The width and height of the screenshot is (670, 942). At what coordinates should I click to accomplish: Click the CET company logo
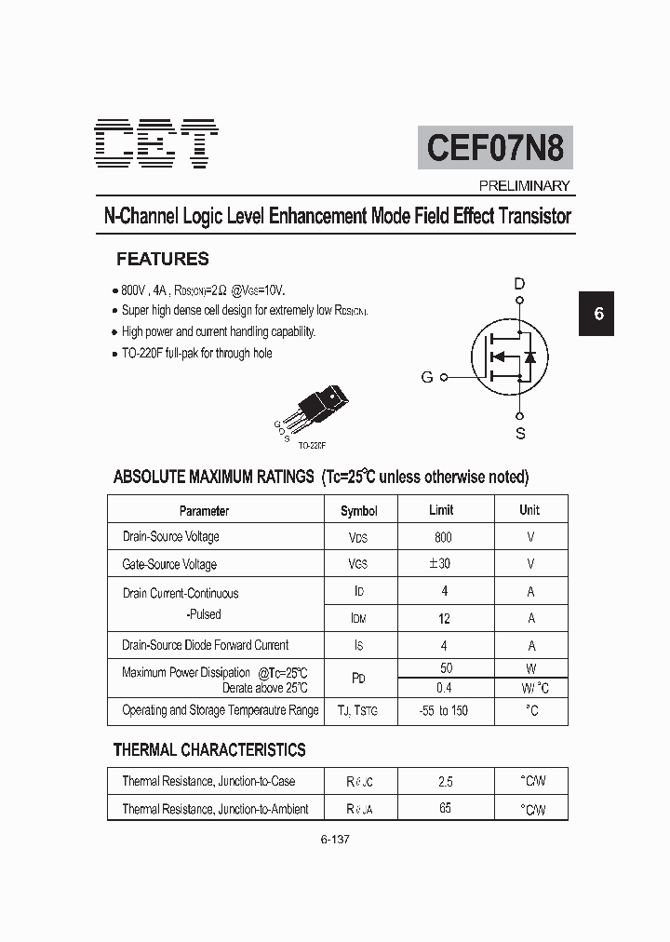point(157,143)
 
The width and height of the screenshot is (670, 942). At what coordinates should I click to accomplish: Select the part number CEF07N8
point(495,147)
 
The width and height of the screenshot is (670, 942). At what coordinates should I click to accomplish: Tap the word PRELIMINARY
point(524,186)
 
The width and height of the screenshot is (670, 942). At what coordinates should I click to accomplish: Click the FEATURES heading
point(162,260)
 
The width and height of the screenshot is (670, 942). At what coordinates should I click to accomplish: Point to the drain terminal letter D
point(520,283)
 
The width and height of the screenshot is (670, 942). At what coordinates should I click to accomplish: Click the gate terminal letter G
point(427,377)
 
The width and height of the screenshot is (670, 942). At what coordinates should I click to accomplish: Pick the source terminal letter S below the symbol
point(520,433)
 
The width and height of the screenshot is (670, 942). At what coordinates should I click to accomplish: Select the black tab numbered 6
point(598,314)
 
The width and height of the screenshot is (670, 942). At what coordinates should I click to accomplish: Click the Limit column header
point(441,510)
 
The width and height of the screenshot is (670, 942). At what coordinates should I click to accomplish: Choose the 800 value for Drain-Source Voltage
point(443,537)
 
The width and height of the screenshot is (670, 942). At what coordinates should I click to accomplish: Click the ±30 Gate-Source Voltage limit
point(441,563)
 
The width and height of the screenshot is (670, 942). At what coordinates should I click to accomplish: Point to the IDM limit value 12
point(444,618)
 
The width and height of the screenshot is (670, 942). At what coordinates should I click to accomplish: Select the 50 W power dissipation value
point(446,668)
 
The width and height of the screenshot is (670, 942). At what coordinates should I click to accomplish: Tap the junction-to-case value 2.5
point(445,782)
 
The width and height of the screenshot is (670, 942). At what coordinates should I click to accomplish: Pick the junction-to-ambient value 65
point(445,808)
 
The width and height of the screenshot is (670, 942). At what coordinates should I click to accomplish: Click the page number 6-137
point(334,839)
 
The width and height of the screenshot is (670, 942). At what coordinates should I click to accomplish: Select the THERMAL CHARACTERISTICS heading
point(209,749)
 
